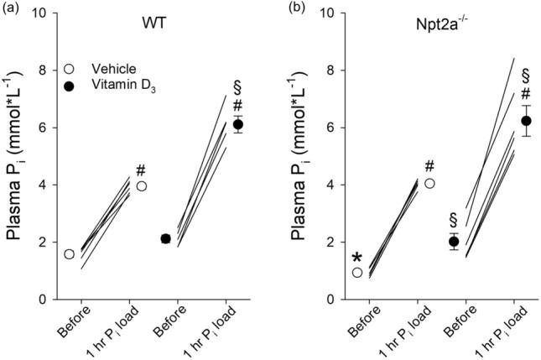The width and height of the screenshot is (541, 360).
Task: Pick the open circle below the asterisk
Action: point(357,272)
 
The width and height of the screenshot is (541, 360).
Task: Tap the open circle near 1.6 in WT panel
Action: point(69,253)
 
